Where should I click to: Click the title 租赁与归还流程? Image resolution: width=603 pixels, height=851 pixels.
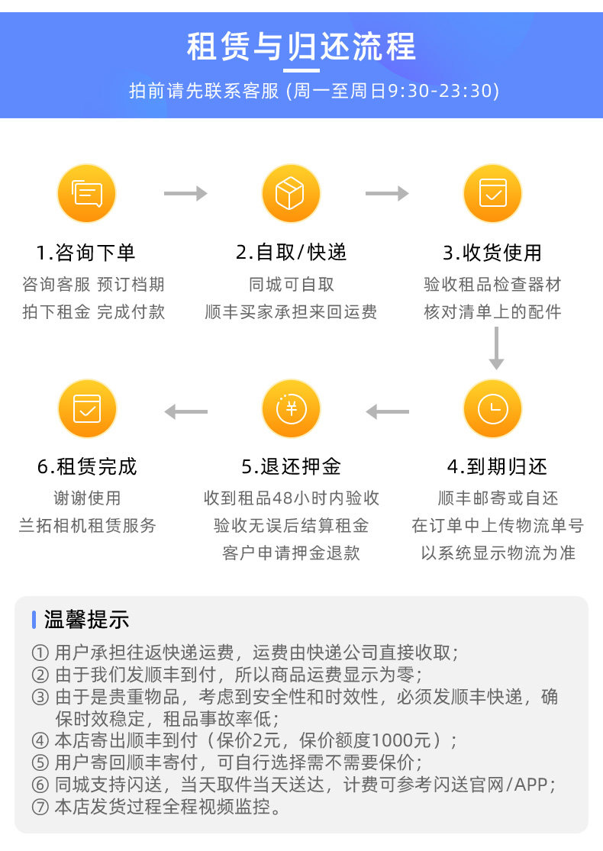(301, 47)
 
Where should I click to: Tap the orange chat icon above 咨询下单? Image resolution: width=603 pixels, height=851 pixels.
(86, 194)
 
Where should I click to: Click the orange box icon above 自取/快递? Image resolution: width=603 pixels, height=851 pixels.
(290, 194)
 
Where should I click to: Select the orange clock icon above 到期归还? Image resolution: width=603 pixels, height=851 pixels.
(492, 409)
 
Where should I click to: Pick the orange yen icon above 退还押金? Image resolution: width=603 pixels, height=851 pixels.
(290, 409)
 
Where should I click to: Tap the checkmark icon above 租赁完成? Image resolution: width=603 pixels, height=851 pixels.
(86, 409)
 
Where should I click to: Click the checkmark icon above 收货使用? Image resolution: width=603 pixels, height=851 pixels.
(492, 194)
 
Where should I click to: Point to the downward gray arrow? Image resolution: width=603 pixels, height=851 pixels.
(496, 349)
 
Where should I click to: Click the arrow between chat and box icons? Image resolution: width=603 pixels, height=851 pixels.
(185, 194)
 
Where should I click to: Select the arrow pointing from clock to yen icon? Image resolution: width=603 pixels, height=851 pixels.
(388, 412)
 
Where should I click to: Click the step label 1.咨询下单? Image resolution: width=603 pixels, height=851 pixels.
(86, 253)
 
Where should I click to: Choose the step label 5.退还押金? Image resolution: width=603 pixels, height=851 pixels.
(291, 466)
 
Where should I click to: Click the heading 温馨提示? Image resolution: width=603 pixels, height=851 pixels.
(86, 620)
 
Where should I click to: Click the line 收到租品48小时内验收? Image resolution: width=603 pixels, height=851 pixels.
(291, 498)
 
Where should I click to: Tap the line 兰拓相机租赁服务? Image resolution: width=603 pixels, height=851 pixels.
(87, 525)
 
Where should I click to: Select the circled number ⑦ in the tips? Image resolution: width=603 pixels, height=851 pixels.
(40, 807)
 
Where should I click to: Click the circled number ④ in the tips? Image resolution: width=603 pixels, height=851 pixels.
(40, 741)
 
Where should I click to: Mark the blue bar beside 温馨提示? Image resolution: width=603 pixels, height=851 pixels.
(34, 620)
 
